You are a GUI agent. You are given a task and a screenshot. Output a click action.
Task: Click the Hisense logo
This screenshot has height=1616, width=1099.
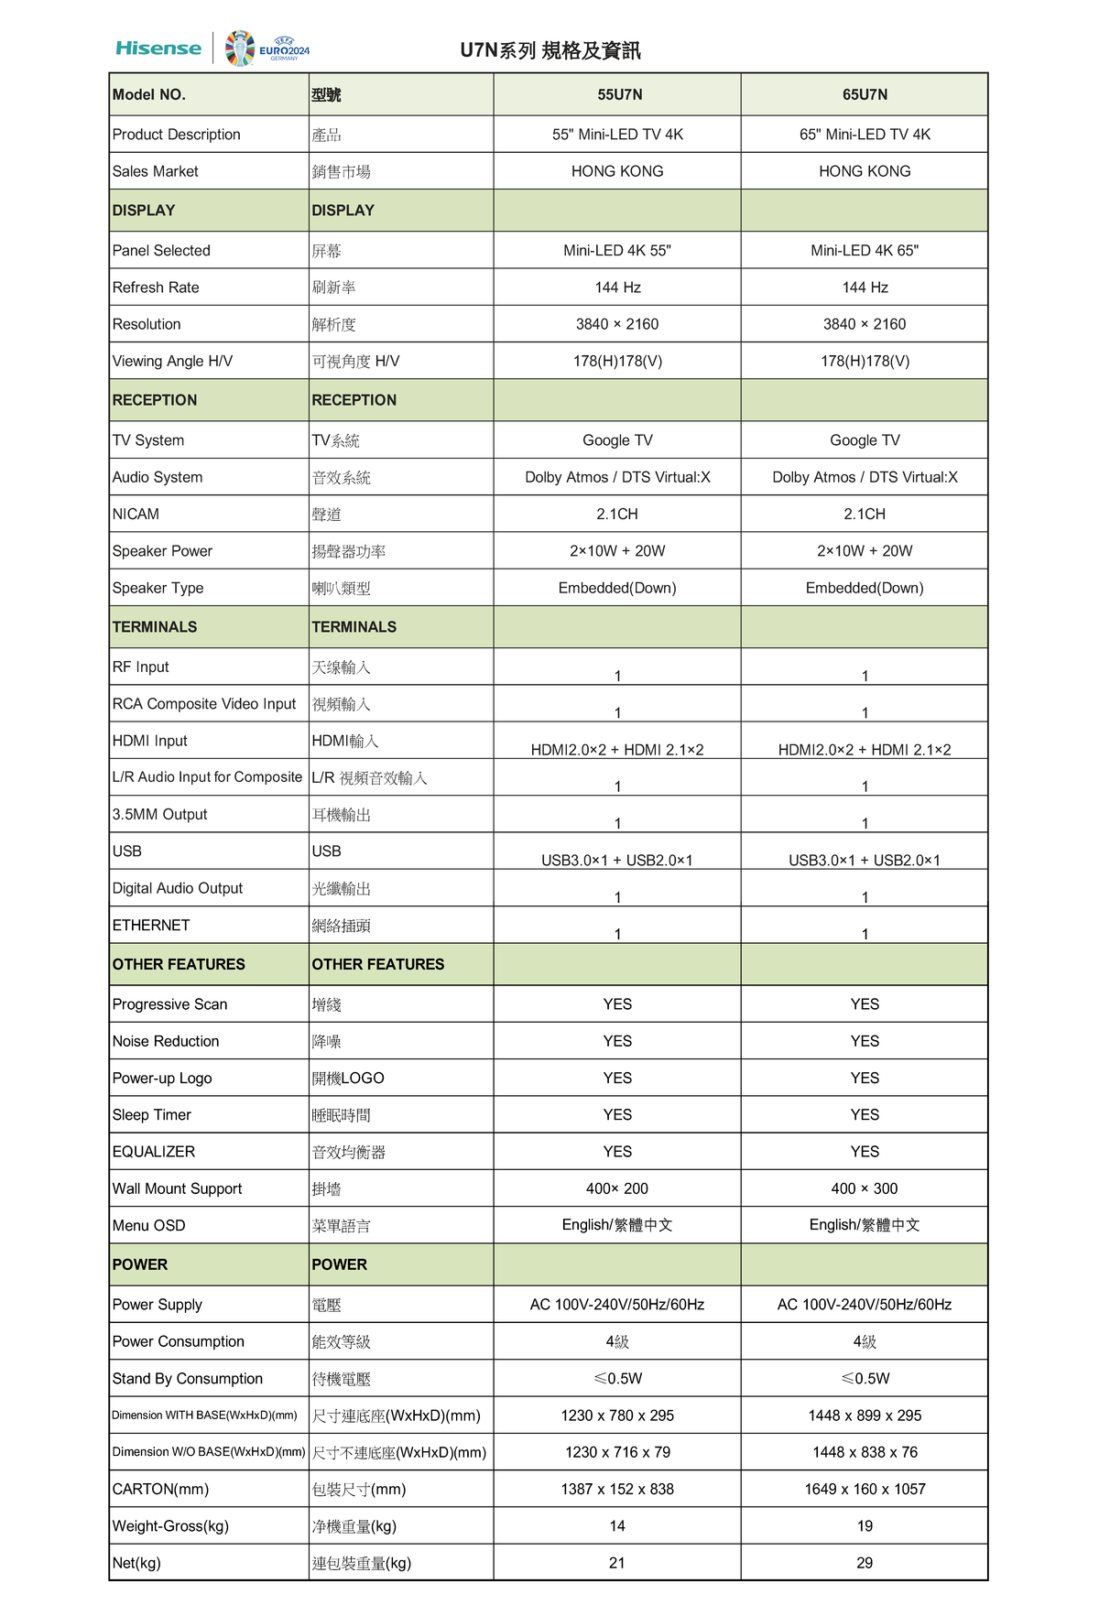click(x=158, y=49)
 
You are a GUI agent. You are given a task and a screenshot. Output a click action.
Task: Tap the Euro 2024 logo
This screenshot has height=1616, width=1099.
click(x=267, y=49)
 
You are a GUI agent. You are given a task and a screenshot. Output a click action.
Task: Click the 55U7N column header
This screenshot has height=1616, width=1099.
click(x=619, y=94)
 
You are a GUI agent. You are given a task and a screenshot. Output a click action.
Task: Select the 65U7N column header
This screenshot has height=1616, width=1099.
click(x=865, y=94)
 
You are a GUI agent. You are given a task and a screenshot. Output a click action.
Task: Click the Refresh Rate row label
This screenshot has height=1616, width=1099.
click(x=156, y=287)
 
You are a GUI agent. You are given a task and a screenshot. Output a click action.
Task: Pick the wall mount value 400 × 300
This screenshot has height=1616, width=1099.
click(x=864, y=1188)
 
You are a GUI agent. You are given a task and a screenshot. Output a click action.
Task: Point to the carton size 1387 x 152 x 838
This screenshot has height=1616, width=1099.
click(x=617, y=1489)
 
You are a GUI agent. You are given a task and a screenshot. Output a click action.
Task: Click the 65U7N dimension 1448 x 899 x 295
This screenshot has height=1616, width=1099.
click(x=865, y=1415)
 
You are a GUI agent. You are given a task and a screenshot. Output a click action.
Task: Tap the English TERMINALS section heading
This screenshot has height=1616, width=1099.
click(x=155, y=627)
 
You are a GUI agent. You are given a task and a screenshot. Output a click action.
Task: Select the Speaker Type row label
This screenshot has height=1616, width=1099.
click(x=158, y=588)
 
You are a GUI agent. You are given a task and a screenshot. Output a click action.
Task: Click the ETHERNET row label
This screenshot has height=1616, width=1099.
click(x=151, y=926)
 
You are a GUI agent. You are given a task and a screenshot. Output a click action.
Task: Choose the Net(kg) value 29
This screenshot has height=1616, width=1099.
click(x=865, y=1563)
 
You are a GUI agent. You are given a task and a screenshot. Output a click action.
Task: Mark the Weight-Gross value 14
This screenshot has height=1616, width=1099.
click(x=617, y=1526)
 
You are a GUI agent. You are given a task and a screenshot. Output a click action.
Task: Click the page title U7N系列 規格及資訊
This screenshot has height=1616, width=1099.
click(x=549, y=50)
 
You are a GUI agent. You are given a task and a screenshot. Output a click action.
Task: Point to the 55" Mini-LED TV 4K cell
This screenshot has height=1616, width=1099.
click(x=617, y=135)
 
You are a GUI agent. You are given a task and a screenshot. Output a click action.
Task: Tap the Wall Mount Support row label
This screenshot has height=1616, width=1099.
click(x=177, y=1188)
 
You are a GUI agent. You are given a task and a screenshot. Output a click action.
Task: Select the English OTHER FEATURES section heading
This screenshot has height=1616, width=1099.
click(x=179, y=964)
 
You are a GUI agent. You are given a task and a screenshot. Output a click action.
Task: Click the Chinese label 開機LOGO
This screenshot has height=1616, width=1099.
click(x=348, y=1079)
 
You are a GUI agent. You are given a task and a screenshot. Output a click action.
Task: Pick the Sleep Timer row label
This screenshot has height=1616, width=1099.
click(x=152, y=1115)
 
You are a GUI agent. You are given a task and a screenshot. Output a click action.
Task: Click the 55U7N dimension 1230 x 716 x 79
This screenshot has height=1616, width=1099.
click(x=617, y=1452)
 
